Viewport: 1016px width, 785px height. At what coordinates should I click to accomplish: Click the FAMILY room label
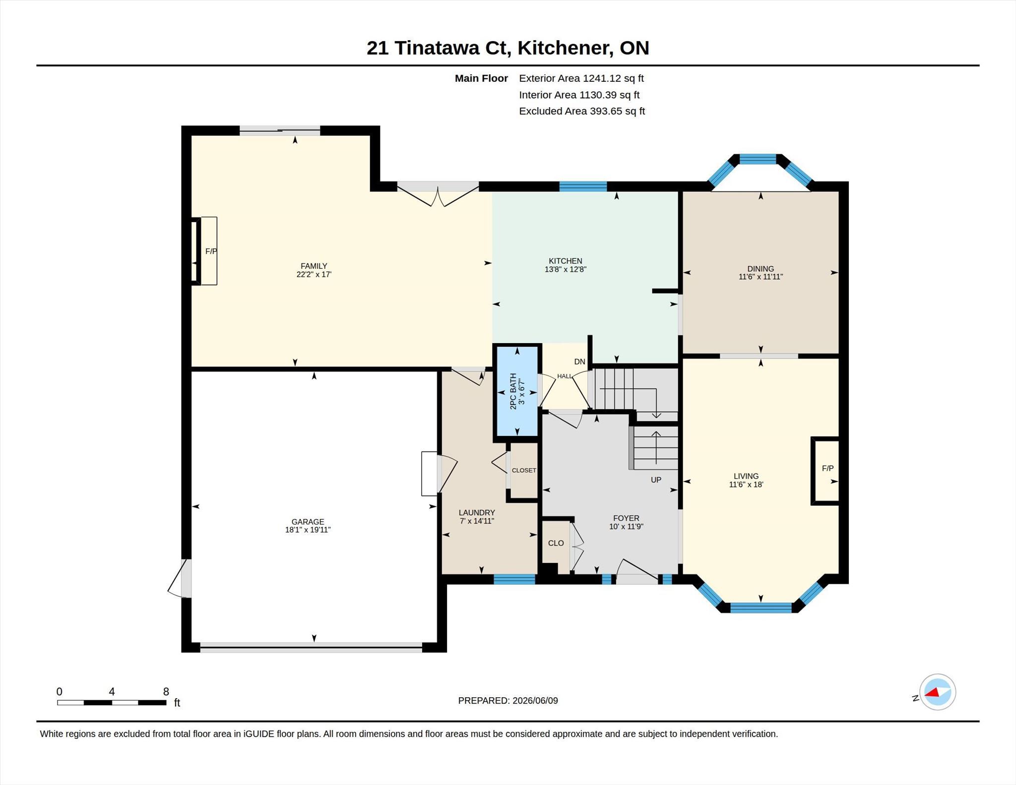tap(314, 266)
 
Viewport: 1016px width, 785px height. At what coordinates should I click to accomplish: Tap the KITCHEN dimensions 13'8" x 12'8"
tap(566, 269)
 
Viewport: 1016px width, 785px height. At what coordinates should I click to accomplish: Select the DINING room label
tap(761, 269)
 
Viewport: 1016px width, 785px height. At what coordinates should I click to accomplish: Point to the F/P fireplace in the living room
tap(827, 468)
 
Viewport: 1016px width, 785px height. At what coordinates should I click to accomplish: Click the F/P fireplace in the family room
tap(204, 251)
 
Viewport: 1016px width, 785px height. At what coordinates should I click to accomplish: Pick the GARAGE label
tap(308, 522)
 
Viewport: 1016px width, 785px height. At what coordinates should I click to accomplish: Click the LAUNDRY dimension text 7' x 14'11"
tap(477, 521)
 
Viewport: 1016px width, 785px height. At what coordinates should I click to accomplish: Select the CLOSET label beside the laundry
tap(524, 470)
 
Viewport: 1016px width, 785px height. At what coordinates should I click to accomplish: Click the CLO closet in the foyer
tap(556, 543)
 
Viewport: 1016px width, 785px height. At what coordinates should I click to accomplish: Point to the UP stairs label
tap(656, 480)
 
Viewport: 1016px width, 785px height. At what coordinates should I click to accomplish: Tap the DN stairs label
tap(579, 362)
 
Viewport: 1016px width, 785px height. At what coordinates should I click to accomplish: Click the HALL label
tap(565, 376)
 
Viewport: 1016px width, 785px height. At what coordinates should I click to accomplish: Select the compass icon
tap(937, 692)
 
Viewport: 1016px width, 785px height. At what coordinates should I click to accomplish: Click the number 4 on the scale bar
tap(112, 692)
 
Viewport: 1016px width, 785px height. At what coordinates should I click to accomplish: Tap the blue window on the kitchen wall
tap(583, 186)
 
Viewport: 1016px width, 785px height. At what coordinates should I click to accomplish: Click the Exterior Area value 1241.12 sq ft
tap(613, 78)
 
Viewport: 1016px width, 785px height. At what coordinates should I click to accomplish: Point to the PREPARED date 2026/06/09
tap(535, 701)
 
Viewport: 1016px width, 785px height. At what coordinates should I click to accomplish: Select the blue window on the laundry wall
tap(514, 579)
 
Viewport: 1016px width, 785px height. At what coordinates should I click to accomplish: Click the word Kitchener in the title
tap(564, 48)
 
